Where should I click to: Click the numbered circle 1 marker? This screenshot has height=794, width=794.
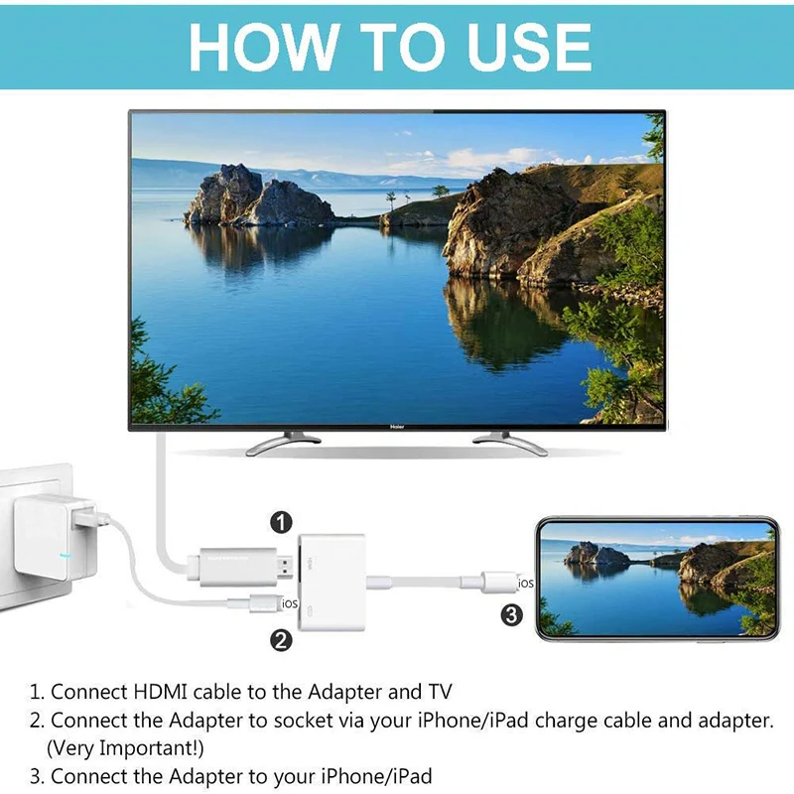pos(283,521)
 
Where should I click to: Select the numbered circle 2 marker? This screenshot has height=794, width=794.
pos(282,640)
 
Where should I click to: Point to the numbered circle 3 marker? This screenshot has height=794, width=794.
pos(512,616)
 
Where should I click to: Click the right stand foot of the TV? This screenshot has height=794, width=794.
pos(510,444)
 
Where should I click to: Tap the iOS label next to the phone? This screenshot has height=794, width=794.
pos(526,584)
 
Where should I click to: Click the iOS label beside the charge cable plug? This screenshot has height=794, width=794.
pos(290,602)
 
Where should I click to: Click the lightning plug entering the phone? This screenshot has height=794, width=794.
pos(500,582)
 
